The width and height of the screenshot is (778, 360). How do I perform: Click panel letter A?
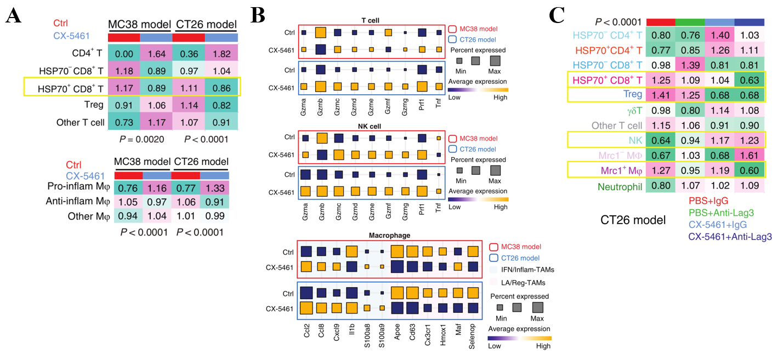coord(14,16)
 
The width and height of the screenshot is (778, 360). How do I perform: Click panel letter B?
coord(258,16)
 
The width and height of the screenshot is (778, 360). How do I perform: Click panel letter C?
coord(557,16)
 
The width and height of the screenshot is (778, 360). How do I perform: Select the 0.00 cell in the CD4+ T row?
coord(124,53)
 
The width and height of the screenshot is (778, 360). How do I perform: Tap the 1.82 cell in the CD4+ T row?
coord(222,53)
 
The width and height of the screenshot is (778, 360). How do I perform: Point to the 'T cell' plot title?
coord(371,20)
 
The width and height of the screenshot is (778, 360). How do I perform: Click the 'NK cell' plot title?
coord(371,125)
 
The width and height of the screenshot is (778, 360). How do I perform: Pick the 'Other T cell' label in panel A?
coord(80,122)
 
